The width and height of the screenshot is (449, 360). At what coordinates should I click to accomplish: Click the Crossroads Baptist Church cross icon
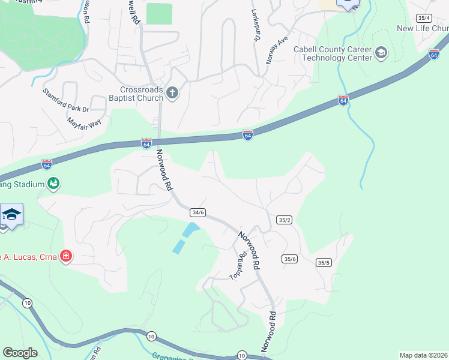point(172,92)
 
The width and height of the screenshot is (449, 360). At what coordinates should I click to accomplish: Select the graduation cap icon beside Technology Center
point(381,53)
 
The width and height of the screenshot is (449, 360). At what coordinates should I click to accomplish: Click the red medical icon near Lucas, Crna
point(66,257)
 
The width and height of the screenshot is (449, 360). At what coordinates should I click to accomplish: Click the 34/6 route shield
point(198,212)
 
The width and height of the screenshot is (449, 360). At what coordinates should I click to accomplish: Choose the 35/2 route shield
point(285,220)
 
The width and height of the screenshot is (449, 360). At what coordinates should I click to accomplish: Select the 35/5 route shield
point(324,262)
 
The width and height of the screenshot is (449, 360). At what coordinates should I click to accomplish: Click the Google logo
point(20,352)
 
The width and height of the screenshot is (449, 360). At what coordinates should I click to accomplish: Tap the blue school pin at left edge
point(11,215)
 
